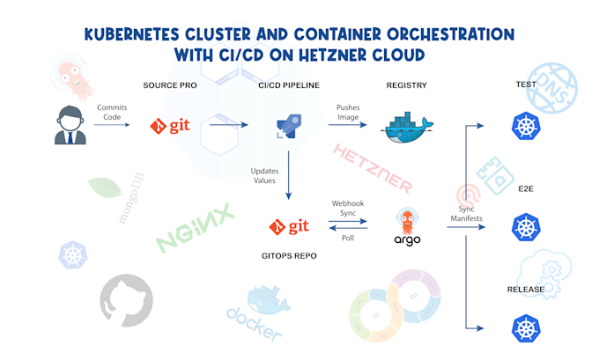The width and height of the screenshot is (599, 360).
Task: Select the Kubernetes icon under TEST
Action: (x=526, y=129)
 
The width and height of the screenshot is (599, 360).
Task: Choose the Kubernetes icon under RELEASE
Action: (x=526, y=329)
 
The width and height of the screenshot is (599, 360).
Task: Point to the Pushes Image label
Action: (x=348, y=113)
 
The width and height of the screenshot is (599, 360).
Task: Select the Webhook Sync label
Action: (x=348, y=209)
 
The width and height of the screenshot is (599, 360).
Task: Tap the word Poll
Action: (x=349, y=239)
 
